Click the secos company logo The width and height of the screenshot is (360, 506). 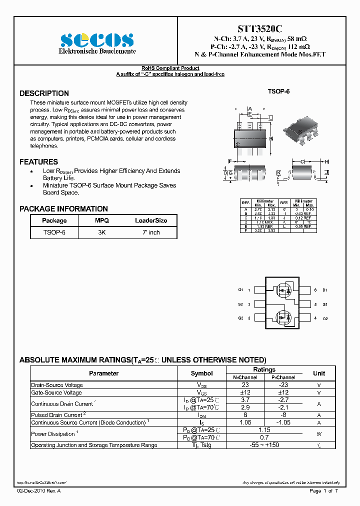[97, 40]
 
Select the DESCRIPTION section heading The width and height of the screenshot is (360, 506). [44, 93]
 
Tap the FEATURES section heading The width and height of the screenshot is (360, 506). [38, 162]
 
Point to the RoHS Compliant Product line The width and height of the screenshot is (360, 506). [170, 68]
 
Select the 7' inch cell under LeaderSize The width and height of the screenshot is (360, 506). [151, 232]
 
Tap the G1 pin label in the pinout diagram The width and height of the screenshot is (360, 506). [240, 290]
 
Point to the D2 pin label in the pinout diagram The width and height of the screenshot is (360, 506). [324, 318]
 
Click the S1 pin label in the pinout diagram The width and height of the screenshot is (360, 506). [324, 304]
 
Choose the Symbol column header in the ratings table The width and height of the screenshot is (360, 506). [201, 373]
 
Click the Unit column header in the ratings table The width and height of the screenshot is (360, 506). [318, 373]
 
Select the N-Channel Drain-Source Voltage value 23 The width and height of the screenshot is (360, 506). [245, 385]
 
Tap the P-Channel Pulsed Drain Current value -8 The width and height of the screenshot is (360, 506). [283, 415]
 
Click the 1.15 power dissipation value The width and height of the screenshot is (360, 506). [264, 430]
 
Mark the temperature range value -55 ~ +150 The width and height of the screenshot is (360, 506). [264, 445]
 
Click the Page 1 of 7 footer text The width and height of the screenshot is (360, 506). [323, 491]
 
